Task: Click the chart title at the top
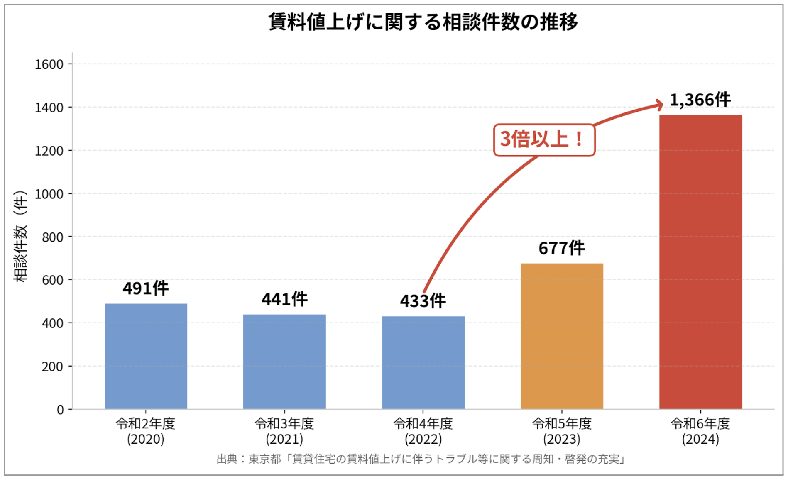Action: click(x=423, y=22)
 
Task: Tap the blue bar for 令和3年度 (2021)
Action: click(x=284, y=362)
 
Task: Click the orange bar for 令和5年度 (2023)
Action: click(x=562, y=336)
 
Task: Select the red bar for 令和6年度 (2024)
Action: click(x=700, y=261)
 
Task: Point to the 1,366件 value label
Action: click(x=700, y=100)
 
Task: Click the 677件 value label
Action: click(x=561, y=248)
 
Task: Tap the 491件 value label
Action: click(x=146, y=288)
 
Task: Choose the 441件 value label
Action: click(x=284, y=299)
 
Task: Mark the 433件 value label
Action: click(x=423, y=301)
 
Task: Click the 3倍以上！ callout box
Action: click(x=544, y=140)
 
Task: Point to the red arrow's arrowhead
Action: click(x=660, y=105)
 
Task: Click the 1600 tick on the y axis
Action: click(x=49, y=64)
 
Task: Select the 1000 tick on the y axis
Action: click(x=49, y=194)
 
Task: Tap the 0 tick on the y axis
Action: click(x=60, y=410)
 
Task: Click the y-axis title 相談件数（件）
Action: click(x=20, y=237)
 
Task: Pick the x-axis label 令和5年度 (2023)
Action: click(x=562, y=431)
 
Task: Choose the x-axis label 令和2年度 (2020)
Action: click(x=146, y=431)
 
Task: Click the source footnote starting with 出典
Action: click(x=420, y=459)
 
